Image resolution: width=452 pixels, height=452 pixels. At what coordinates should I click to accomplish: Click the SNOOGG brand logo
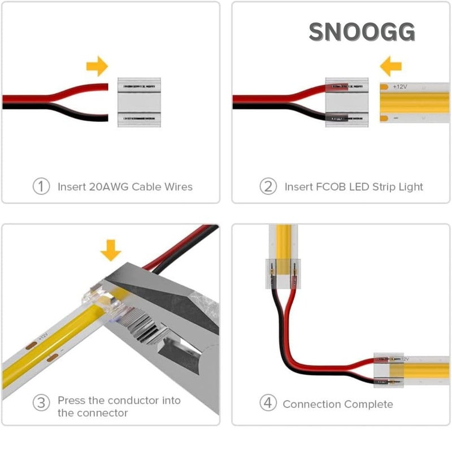coord(362,32)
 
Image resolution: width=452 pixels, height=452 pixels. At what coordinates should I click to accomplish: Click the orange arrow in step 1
coord(97,66)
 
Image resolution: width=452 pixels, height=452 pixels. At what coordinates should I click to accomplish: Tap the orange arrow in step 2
coord(390,66)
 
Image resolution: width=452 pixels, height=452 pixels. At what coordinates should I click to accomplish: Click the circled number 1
coord(41,186)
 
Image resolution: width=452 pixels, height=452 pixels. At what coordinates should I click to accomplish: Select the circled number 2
coord(268,186)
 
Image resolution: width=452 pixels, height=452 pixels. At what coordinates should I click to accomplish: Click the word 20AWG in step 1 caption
coord(108,186)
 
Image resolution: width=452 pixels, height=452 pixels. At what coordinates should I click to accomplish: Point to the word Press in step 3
coord(72,400)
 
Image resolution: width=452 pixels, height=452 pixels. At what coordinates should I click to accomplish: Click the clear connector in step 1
coord(138,102)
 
